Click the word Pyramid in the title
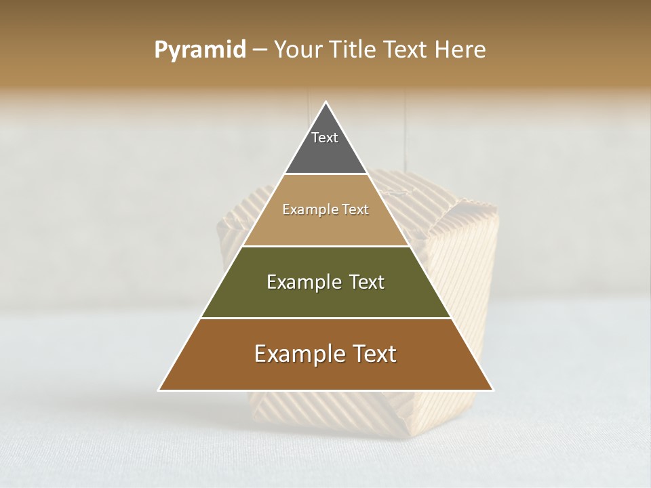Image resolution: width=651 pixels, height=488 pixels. point(200,50)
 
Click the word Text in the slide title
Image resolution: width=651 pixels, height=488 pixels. point(408,49)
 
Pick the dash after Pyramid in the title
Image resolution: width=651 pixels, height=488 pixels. point(259,50)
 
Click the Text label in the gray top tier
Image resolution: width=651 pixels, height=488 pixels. point(325,138)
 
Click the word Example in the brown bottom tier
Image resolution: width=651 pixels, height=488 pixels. point(299,354)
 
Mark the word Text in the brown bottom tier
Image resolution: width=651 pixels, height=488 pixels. point(374,354)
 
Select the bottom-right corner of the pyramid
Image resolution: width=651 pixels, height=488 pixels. point(492,390)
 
